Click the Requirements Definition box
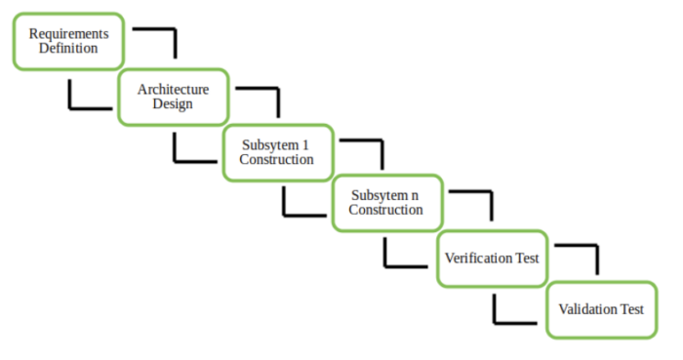[68, 41]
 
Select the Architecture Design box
[173, 97]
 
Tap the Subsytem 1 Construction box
[277, 152]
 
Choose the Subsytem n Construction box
[386, 203]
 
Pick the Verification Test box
[492, 259]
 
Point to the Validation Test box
[600, 310]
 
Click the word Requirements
[68, 33]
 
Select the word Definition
[68, 48]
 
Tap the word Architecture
[173, 89]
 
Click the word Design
[173, 103]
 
